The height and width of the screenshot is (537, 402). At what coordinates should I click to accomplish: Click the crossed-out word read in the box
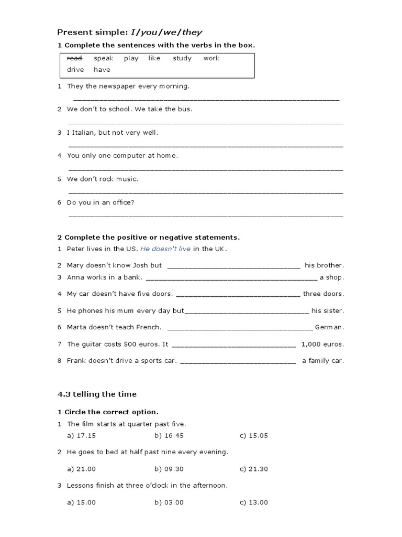[x=75, y=58]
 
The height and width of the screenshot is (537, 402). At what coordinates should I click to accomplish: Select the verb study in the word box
[x=182, y=58]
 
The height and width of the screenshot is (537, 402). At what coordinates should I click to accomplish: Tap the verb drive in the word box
[x=75, y=69]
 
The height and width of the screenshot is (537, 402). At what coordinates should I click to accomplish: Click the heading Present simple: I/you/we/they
[x=129, y=32]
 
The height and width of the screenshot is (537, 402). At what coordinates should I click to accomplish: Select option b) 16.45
[x=169, y=436]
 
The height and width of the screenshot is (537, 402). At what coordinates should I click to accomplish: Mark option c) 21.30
[x=254, y=469]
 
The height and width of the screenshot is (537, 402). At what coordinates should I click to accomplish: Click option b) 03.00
[x=169, y=502]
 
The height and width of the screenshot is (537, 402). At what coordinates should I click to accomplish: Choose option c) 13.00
[x=254, y=502]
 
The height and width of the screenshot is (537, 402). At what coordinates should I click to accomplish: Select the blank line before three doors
[x=239, y=296]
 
